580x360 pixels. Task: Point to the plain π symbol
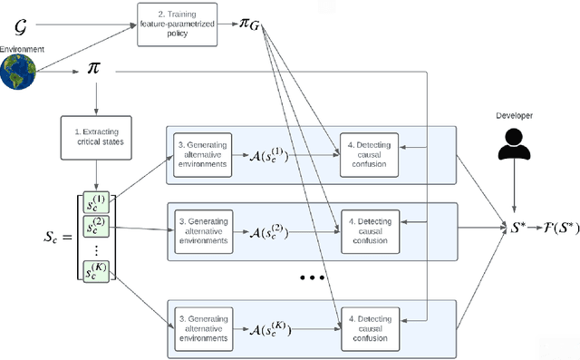[93, 69]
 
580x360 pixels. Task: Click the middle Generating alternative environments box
[204, 228]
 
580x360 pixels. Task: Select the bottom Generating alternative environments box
[204, 324]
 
